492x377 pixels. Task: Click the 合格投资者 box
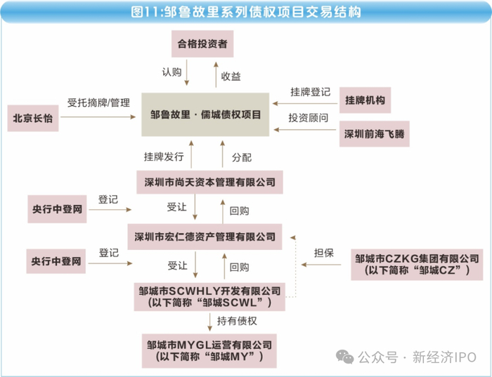click(202, 44)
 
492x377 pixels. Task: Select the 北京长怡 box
click(33, 118)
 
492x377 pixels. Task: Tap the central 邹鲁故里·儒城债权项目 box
click(205, 114)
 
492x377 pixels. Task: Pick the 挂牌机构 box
click(365, 100)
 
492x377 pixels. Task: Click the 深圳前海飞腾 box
click(375, 134)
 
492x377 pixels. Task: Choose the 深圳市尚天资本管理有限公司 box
click(209, 182)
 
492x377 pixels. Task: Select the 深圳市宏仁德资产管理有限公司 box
click(205, 237)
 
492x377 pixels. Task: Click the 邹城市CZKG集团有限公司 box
click(417, 265)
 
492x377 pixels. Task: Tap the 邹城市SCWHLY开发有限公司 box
click(209, 297)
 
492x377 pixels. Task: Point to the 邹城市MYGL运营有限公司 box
click(209, 351)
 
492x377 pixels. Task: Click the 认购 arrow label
click(171, 72)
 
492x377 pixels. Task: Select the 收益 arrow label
click(231, 77)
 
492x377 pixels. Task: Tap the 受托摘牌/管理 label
click(98, 102)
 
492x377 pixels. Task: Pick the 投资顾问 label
click(309, 118)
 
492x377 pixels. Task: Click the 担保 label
click(324, 253)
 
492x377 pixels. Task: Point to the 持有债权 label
click(237, 321)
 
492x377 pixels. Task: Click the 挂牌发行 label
click(164, 157)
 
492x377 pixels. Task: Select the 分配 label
click(242, 157)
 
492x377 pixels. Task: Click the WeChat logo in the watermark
click(345, 357)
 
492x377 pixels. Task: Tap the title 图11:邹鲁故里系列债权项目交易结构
click(246, 12)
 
